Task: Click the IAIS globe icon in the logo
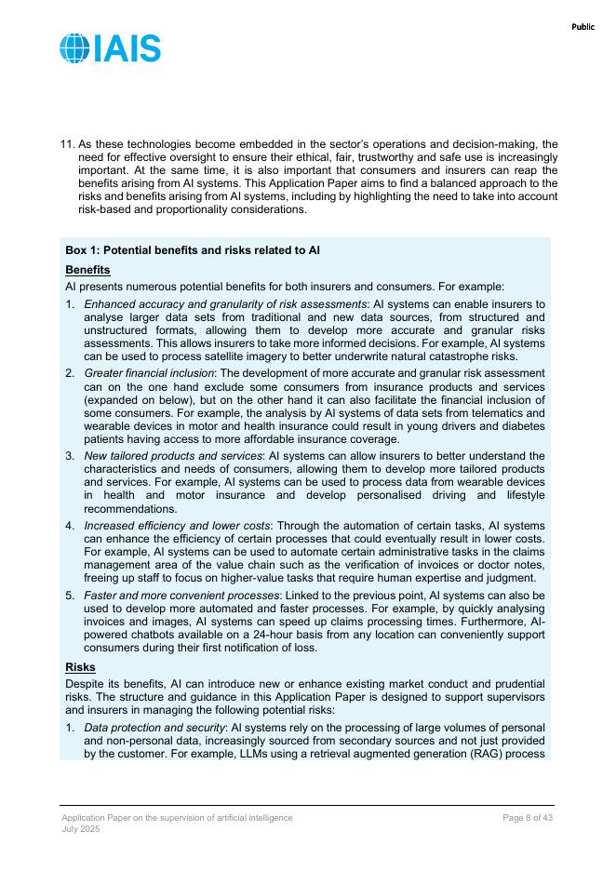[x=74, y=48]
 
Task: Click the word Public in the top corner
[x=583, y=27]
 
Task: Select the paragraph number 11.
[x=67, y=144]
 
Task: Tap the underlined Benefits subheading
[x=87, y=270]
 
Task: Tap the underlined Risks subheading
[x=80, y=667]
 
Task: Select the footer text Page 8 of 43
[x=528, y=817]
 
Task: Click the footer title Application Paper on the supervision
[x=177, y=817]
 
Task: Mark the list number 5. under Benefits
[x=70, y=595]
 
